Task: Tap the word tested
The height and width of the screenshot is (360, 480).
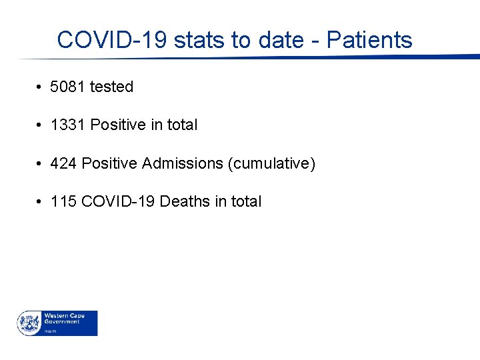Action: (x=111, y=87)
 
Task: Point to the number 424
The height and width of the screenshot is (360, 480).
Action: (x=63, y=163)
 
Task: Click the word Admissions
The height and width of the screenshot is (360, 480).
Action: (x=183, y=163)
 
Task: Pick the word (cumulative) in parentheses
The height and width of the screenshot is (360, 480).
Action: (x=271, y=163)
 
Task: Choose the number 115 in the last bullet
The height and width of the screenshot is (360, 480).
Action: (x=63, y=201)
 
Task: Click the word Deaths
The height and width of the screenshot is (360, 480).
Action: (x=185, y=201)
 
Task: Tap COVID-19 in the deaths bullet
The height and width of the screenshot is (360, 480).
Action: (x=118, y=201)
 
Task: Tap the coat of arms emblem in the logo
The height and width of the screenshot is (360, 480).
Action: (x=29, y=323)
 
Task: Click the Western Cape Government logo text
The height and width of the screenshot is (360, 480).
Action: (x=61, y=319)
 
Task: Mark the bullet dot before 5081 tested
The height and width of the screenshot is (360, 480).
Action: (x=41, y=87)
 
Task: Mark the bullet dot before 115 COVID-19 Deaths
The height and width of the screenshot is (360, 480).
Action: (x=41, y=202)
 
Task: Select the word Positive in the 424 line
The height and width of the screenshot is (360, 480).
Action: (x=109, y=163)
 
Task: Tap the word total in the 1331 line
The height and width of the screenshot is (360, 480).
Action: (x=182, y=125)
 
